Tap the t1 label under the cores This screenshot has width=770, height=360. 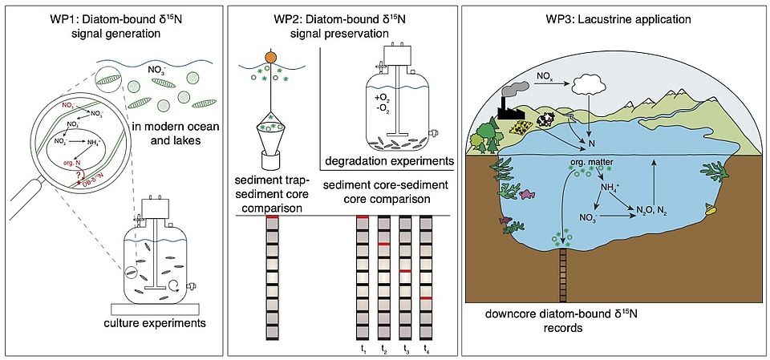click(x=363, y=349)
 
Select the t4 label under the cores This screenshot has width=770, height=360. click(x=426, y=349)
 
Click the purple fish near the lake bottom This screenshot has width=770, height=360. click(x=504, y=219)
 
